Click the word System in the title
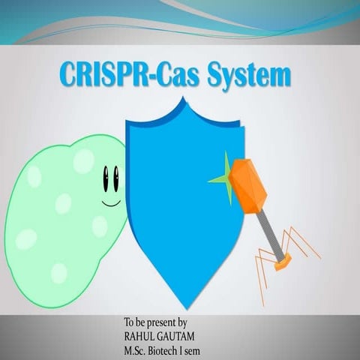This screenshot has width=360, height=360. [253, 76]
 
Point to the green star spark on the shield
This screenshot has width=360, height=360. [222, 178]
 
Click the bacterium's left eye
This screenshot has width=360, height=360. [106, 178]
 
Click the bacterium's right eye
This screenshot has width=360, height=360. [116, 178]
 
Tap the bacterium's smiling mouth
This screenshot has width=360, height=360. [111, 202]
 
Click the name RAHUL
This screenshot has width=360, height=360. [141, 337]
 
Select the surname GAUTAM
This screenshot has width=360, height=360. [178, 337]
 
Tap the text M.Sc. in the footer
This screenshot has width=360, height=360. [135, 349]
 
